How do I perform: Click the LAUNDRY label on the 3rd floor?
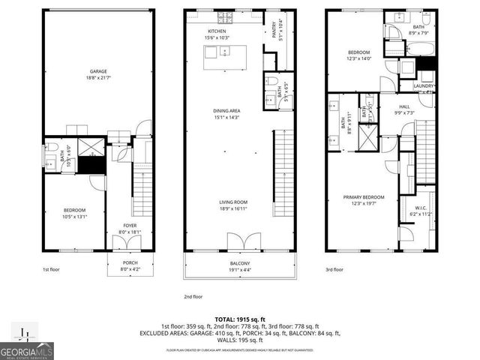424,86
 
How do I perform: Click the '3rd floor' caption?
334,268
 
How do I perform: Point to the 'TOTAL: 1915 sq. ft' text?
240,319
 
